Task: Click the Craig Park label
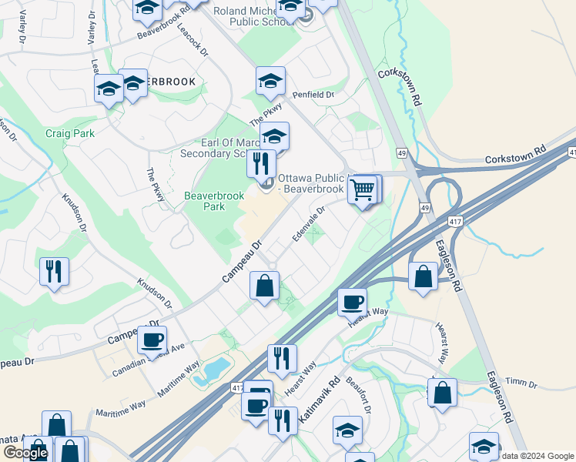tap(69, 133)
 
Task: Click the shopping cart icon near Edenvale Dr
tap(363, 188)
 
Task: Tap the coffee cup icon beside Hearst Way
tap(352, 302)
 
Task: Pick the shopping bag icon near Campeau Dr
tap(264, 286)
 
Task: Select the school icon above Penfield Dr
tap(270, 81)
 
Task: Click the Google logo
tap(25, 454)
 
